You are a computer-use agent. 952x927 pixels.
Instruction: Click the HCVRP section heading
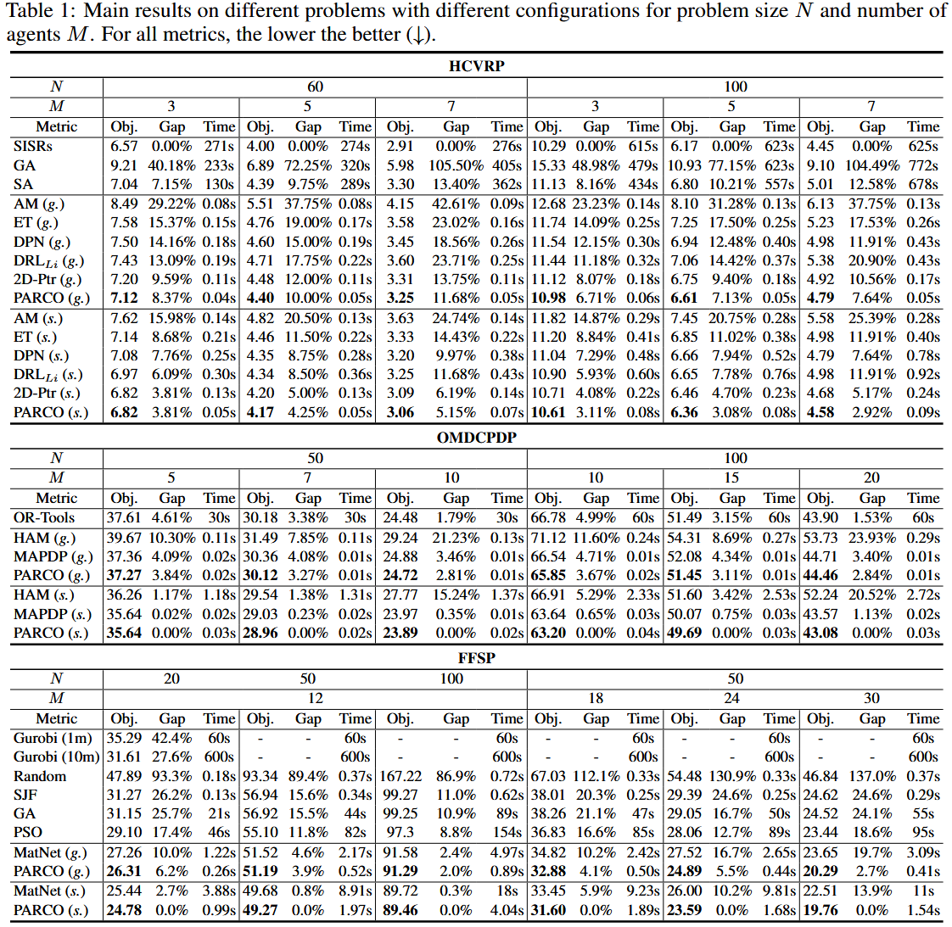pyautogui.click(x=477, y=65)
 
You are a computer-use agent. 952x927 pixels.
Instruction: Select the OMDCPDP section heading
pyautogui.click(x=477, y=438)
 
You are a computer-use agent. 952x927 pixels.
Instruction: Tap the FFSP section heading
pyautogui.click(x=477, y=658)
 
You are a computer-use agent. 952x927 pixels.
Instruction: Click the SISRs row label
pyautogui.click(x=33, y=147)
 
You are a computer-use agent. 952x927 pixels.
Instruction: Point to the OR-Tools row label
pyautogui.click(x=44, y=518)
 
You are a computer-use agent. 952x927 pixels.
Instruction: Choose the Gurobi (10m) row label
pyautogui.click(x=56, y=757)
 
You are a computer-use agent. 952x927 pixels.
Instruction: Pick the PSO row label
pyautogui.click(x=28, y=832)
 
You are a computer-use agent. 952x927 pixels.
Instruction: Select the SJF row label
pyautogui.click(x=25, y=795)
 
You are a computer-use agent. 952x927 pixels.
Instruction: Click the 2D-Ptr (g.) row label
pyautogui.click(x=48, y=280)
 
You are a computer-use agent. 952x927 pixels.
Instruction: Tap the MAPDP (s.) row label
pyautogui.click(x=53, y=614)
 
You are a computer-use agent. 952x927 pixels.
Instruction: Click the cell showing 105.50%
pyautogui.click(x=456, y=165)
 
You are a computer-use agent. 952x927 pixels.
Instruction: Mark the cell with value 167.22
pyautogui.click(x=400, y=776)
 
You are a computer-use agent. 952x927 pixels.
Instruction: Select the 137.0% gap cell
pyautogui.click(x=872, y=776)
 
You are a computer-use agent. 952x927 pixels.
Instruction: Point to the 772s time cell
pyautogui.click(x=923, y=165)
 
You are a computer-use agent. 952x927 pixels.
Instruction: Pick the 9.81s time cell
pyautogui.click(x=779, y=891)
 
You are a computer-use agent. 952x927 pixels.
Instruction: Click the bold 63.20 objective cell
pyautogui.click(x=548, y=634)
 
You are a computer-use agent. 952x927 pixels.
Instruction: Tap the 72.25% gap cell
pyautogui.click(x=308, y=165)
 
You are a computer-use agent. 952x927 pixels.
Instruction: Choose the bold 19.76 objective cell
pyautogui.click(x=820, y=911)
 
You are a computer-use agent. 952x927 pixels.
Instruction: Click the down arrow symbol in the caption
pyautogui.click(x=418, y=36)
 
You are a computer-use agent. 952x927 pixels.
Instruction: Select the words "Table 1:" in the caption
pyautogui.click(x=40, y=11)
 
